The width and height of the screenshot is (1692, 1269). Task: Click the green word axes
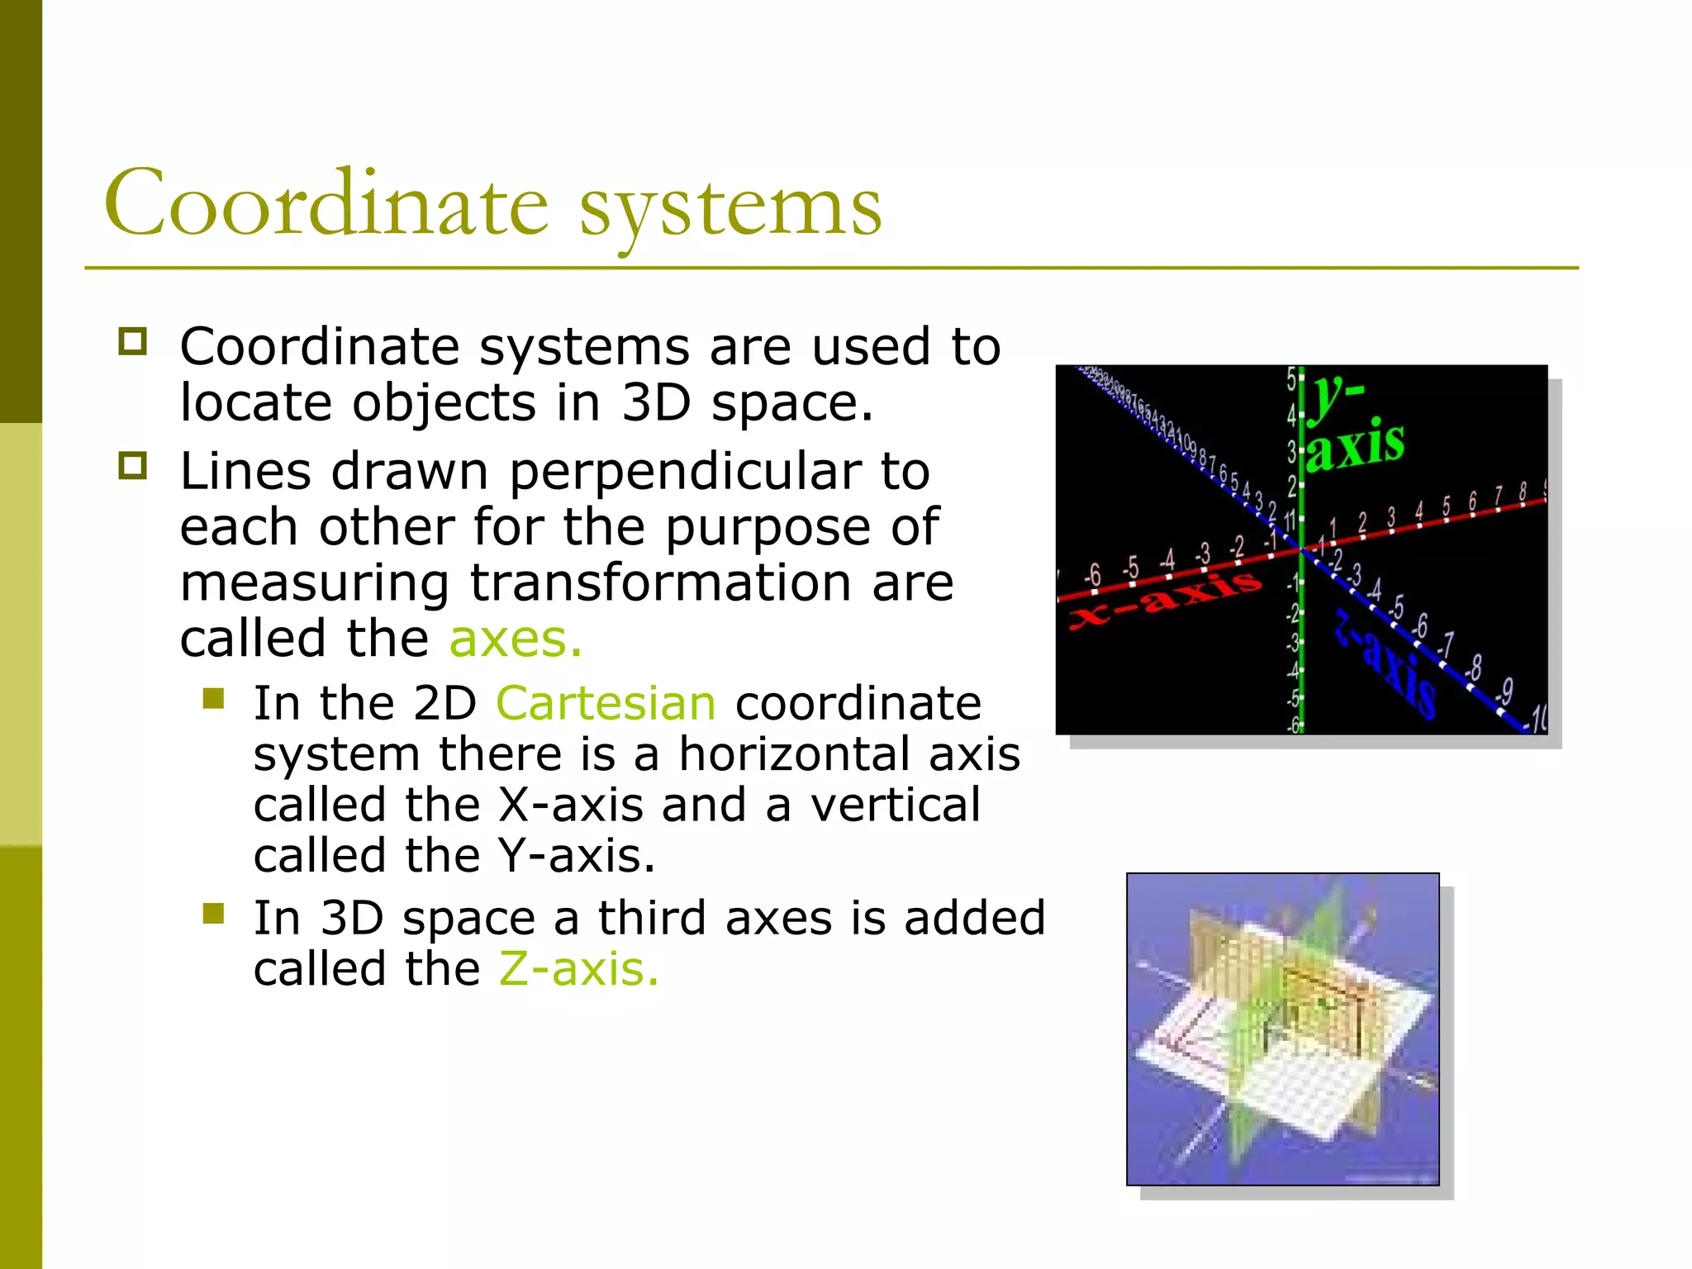[x=516, y=639]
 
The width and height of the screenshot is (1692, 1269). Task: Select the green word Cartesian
[x=606, y=704]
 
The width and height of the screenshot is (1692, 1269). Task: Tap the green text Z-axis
[x=578, y=969]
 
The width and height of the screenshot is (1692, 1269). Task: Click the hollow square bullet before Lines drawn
[x=132, y=466]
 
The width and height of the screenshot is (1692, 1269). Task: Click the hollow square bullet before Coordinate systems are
[x=132, y=341]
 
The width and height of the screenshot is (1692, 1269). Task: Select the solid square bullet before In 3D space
[x=214, y=913]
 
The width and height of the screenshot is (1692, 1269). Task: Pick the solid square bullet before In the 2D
[x=214, y=699]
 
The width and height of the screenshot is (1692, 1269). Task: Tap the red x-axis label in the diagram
[x=1165, y=601]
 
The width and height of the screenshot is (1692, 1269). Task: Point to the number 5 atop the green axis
[x=1290, y=379]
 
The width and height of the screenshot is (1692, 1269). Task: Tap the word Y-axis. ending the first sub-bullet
[x=576, y=856]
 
